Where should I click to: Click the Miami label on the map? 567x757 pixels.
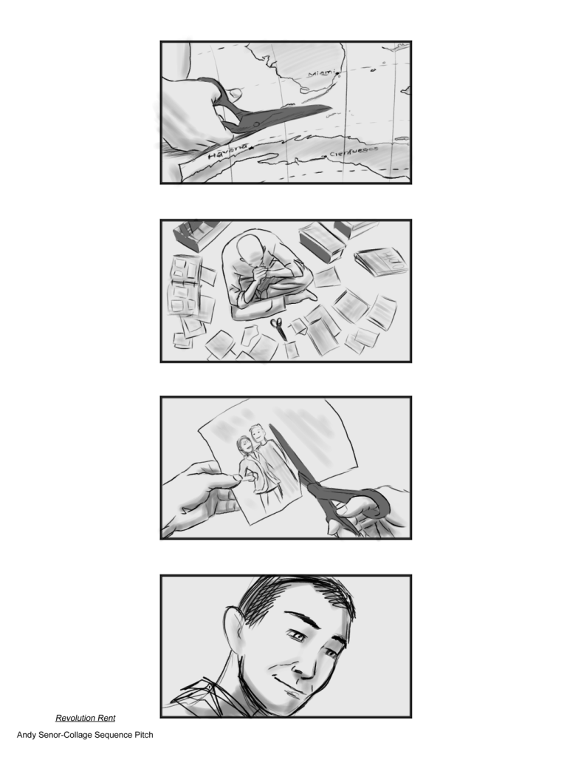(321, 73)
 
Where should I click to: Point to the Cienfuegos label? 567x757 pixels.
(354, 152)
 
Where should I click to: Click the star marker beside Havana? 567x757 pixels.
(251, 146)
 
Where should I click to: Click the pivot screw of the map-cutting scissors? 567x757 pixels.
(256, 124)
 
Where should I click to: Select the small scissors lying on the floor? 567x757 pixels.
(278, 327)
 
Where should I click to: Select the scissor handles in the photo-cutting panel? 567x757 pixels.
(354, 505)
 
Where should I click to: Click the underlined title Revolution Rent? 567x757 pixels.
(86, 718)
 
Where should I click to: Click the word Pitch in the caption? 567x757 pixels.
(144, 735)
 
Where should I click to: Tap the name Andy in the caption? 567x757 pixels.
(27, 736)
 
